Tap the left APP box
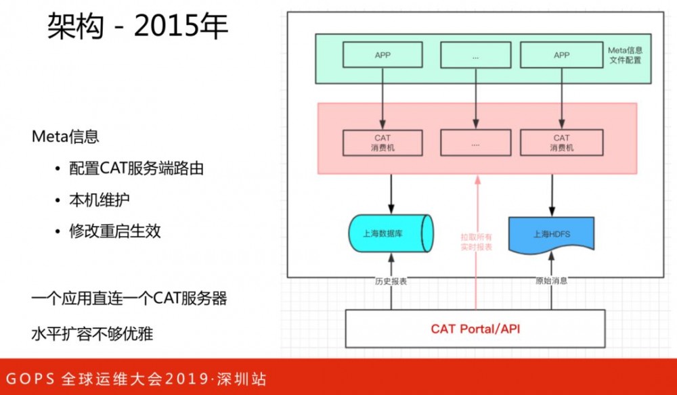[383, 55]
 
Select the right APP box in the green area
[561, 55]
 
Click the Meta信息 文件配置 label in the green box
[624, 55]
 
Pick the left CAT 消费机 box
[383, 142]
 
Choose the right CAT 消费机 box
[561, 142]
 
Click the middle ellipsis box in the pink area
[475, 143]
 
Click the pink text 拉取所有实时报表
[476, 242]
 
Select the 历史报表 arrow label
[391, 281]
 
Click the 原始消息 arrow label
[551, 281]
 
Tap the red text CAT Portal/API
[475, 329]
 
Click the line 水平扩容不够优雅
[97, 333]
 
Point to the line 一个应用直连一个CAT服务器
[129, 298]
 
